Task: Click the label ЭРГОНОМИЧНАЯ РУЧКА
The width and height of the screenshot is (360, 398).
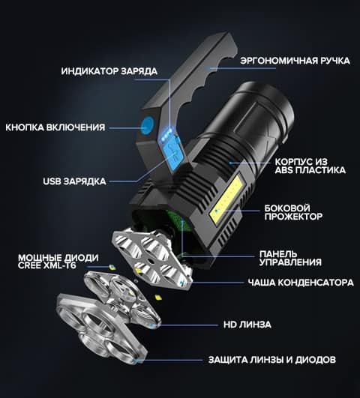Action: click(295, 61)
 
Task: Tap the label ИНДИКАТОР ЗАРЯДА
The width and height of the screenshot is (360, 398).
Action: click(109, 71)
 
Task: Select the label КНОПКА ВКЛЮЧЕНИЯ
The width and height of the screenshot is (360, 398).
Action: click(55, 127)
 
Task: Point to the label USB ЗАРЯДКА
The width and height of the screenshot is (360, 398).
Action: click(74, 181)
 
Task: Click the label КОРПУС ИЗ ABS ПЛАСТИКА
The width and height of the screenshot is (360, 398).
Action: click(310, 166)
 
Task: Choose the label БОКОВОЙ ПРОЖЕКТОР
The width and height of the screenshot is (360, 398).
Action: click(293, 212)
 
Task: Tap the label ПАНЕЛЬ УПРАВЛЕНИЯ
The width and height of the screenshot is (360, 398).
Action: click(290, 258)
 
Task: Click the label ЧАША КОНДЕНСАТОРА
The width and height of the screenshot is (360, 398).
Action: click(301, 283)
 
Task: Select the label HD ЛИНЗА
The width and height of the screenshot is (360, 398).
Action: click(247, 325)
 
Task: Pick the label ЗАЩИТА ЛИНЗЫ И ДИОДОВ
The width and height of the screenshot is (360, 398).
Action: click(272, 360)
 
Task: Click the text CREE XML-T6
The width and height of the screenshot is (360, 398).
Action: click(47, 266)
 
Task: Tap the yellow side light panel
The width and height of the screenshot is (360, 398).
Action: click(226, 199)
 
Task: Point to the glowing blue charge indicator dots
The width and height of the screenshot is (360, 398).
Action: click(167, 133)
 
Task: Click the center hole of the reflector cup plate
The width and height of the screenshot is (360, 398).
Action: click(149, 261)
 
